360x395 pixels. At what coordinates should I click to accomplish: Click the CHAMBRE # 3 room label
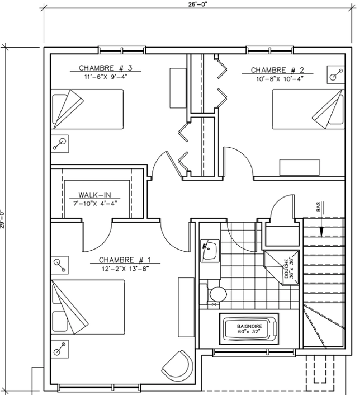pyautogui.click(x=106, y=68)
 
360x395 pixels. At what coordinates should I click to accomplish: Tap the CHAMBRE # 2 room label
pyautogui.click(x=278, y=70)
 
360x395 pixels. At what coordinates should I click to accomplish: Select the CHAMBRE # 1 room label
pyautogui.click(x=125, y=260)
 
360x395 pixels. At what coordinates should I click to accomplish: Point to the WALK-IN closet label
pyautogui.click(x=95, y=194)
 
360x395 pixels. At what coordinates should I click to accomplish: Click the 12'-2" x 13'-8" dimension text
pyautogui.click(x=125, y=268)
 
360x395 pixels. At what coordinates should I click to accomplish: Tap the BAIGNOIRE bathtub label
pyautogui.click(x=249, y=326)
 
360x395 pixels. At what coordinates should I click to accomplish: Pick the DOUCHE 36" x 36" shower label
pyautogui.click(x=289, y=269)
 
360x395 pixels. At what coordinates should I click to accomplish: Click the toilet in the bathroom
pyautogui.click(x=214, y=293)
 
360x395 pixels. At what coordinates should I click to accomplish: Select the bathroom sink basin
pyautogui.click(x=210, y=251)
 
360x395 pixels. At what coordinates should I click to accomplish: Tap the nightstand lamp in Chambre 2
pyautogui.click(x=336, y=74)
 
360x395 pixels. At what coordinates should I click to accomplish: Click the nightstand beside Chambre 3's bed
pyautogui.click(x=59, y=144)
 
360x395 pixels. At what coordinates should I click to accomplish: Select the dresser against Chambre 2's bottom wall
pyautogui.click(x=300, y=167)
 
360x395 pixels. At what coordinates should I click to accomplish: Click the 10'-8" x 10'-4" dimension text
pyautogui.click(x=280, y=79)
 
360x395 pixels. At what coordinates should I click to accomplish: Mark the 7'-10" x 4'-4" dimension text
pyautogui.click(x=95, y=204)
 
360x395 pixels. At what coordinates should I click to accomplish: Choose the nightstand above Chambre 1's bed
pyautogui.click(x=59, y=265)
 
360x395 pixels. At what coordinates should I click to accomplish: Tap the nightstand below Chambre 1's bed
pyautogui.click(x=59, y=349)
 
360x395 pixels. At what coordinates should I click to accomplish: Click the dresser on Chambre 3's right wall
pyautogui.click(x=178, y=88)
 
